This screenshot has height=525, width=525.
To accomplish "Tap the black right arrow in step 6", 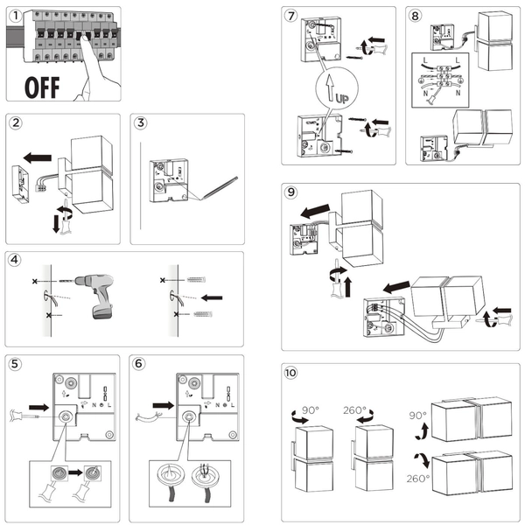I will [x=163, y=405].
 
